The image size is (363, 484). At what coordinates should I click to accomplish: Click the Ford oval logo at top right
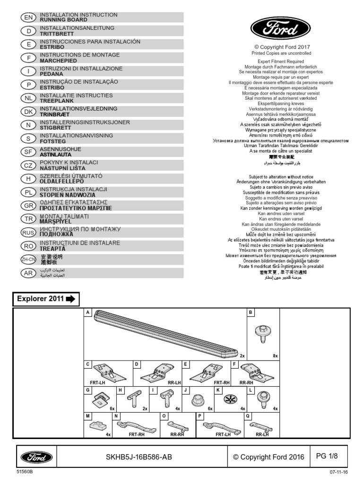pyautogui.click(x=274, y=29)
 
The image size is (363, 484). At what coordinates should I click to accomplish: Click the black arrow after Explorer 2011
pyautogui.click(x=71, y=299)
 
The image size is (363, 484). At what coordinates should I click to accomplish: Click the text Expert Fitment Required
pyautogui.click(x=281, y=61)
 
